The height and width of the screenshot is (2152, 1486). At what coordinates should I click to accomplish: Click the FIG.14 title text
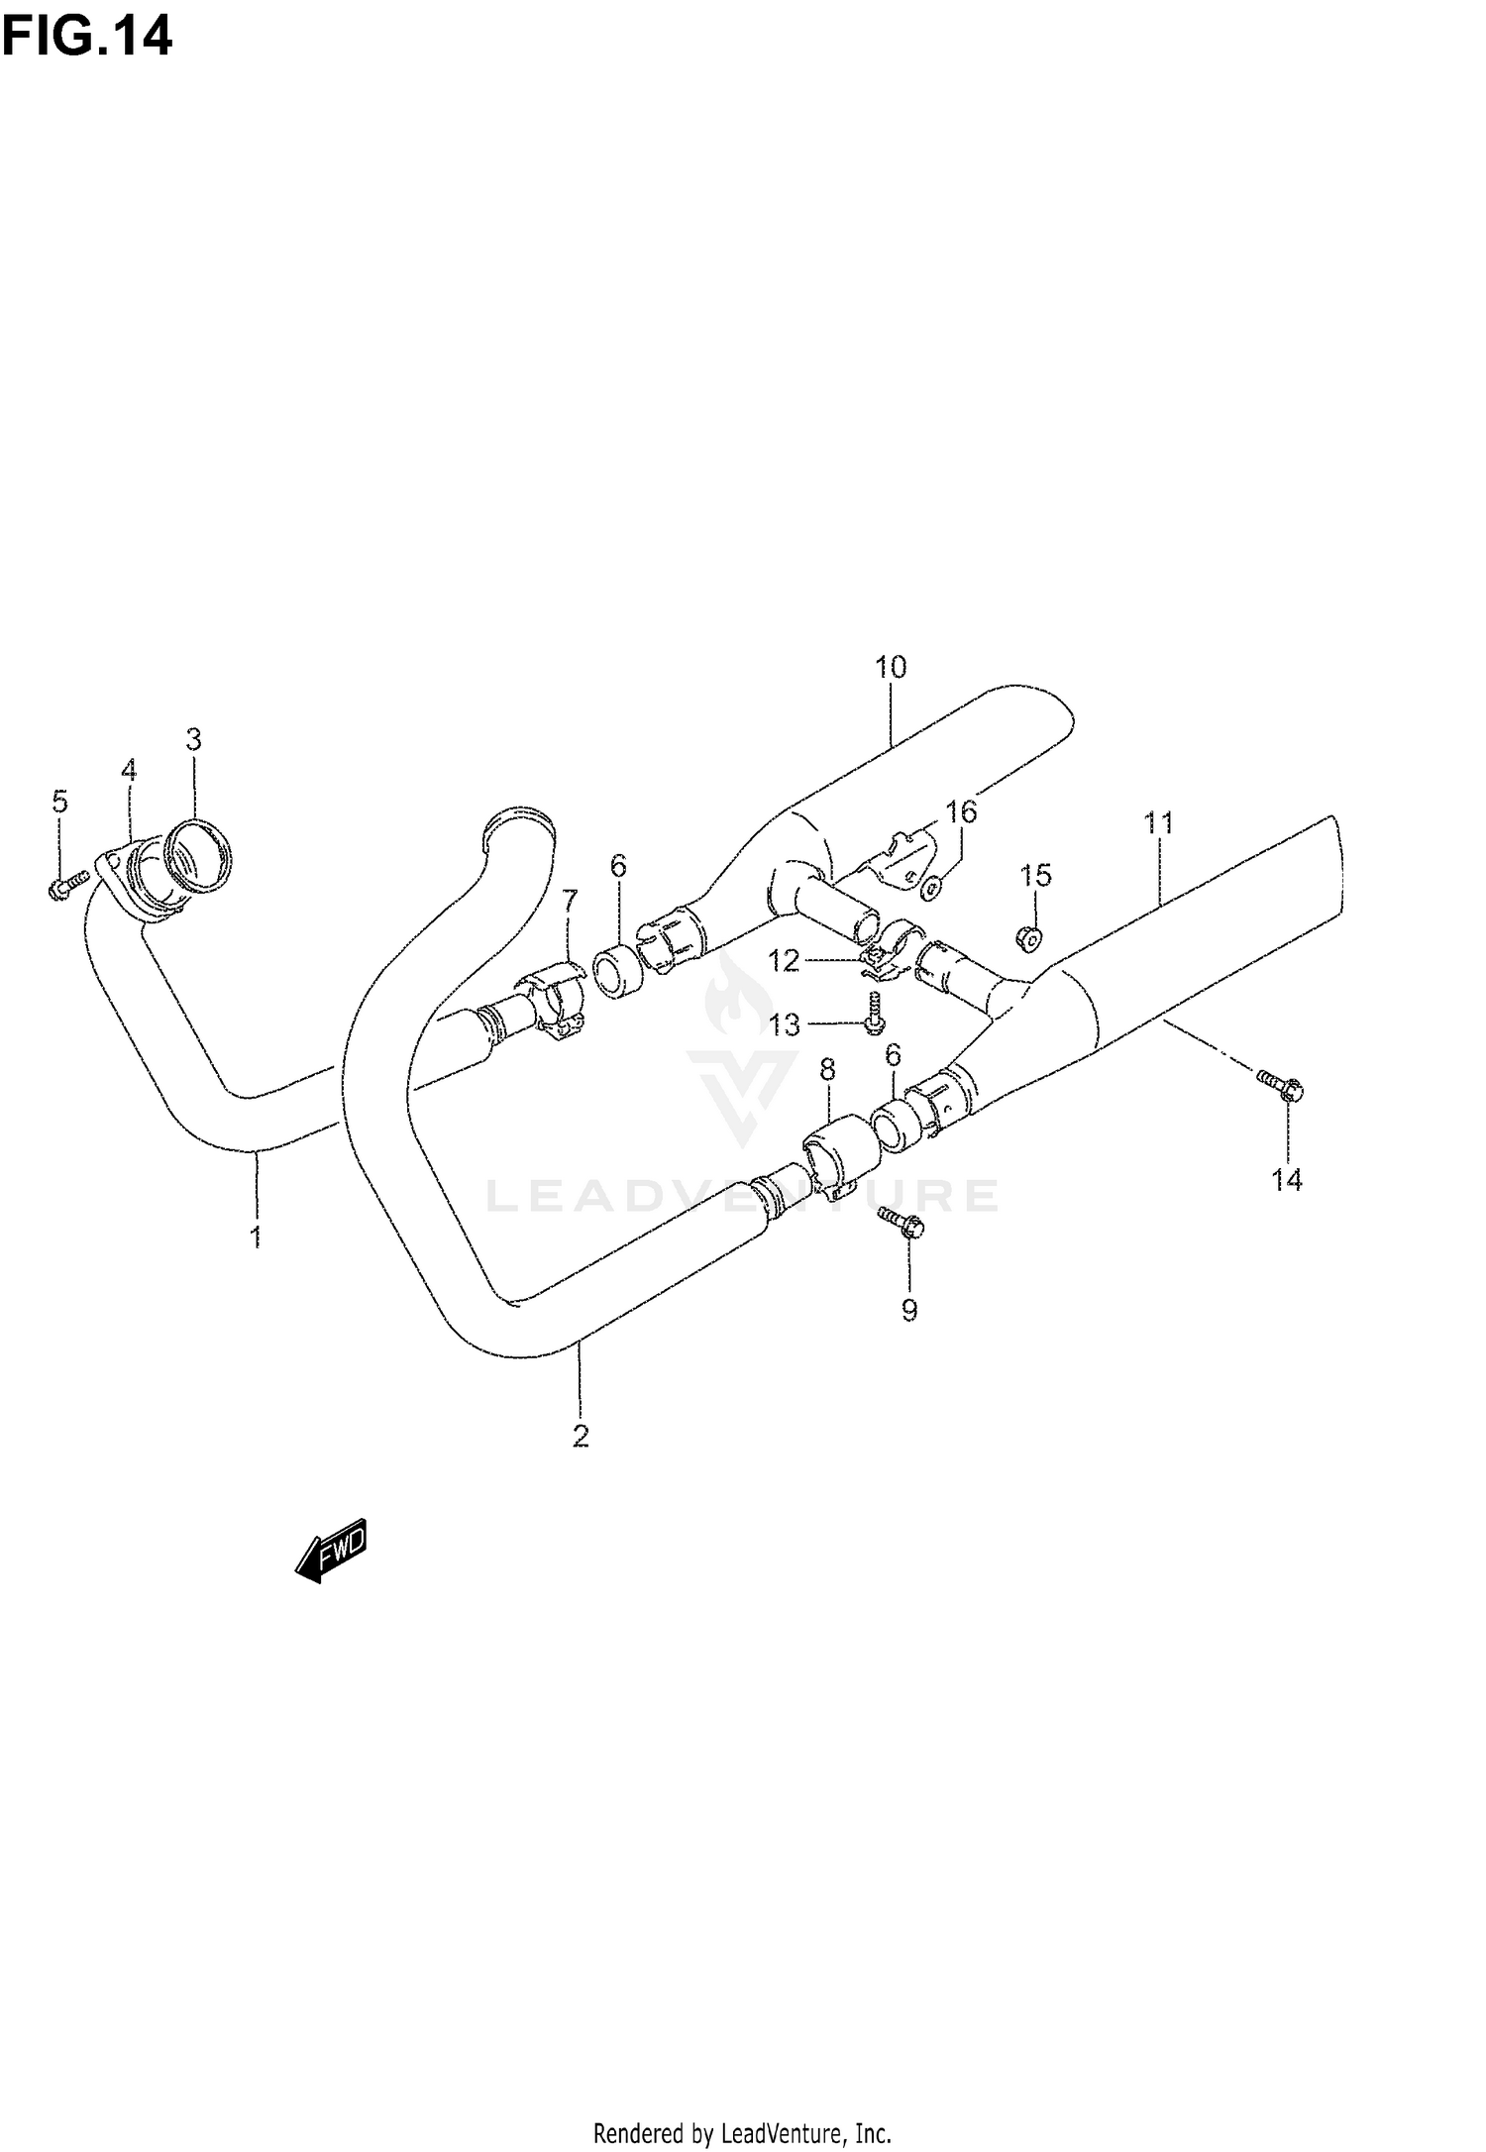[x=86, y=37]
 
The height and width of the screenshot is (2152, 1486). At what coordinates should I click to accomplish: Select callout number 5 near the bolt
[x=60, y=801]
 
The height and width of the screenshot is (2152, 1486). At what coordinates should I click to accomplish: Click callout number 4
[x=129, y=770]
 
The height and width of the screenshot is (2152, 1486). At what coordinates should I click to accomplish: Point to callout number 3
[x=193, y=739]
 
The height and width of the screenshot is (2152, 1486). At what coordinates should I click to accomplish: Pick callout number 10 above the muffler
[x=891, y=667]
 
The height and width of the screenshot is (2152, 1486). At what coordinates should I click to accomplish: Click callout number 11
[x=1158, y=822]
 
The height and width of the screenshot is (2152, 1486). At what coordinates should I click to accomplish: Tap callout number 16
[x=961, y=812]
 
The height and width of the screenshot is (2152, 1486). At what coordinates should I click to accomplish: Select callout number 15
[x=1035, y=875]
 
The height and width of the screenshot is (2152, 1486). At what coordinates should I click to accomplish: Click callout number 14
[x=1287, y=1179]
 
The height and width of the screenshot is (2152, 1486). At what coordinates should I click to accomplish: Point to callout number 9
[x=909, y=1310]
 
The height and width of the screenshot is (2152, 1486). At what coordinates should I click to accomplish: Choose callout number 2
[x=581, y=1435]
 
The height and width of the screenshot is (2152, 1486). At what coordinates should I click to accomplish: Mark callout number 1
[x=256, y=1236]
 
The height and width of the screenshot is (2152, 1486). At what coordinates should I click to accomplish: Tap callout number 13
[x=785, y=1024]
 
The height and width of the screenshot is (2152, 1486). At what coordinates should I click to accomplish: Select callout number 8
[x=827, y=1069]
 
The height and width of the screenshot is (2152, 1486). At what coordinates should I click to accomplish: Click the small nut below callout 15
[x=1028, y=936]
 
